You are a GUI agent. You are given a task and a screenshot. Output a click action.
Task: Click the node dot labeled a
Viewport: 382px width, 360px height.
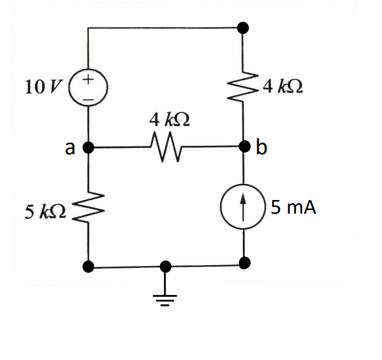tap(88, 148)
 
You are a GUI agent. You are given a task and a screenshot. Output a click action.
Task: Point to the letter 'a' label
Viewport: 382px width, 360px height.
tap(70, 148)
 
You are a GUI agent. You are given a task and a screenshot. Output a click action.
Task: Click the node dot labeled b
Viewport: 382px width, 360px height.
tap(244, 148)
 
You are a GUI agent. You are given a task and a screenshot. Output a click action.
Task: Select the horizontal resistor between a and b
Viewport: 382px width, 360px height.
tap(166, 148)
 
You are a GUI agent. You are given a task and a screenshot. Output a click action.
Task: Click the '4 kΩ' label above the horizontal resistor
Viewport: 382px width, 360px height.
tap(165, 118)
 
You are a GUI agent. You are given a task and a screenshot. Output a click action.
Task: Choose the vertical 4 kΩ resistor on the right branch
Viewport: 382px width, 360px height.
tap(244, 88)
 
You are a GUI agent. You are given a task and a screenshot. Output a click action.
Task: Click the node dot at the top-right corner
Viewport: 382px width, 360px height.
tap(244, 28)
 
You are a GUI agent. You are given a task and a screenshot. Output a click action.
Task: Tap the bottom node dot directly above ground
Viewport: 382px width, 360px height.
tap(166, 267)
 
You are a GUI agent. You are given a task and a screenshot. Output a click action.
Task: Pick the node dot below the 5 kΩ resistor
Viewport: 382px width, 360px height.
tap(88, 267)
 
